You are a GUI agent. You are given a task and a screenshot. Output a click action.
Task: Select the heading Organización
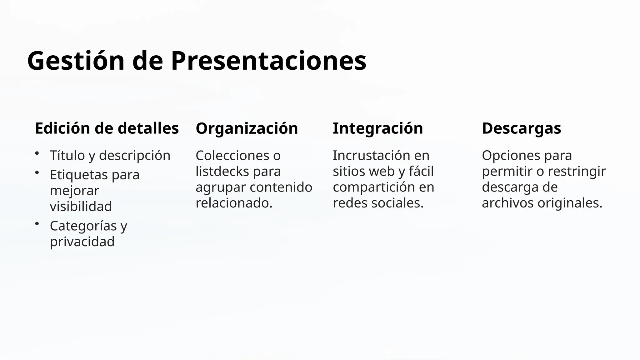(247, 128)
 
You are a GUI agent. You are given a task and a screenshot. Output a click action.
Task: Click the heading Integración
(377, 128)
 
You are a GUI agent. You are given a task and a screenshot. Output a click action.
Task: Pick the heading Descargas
(521, 128)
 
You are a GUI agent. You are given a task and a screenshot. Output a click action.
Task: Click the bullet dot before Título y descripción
(37, 153)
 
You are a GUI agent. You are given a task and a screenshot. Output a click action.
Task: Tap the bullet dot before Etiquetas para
(37, 172)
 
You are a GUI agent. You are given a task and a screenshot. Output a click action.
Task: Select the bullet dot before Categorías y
(37, 223)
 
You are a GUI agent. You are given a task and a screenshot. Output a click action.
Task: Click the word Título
(67, 155)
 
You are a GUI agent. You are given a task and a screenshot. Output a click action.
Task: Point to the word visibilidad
(81, 206)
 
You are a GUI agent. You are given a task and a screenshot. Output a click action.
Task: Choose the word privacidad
(82, 242)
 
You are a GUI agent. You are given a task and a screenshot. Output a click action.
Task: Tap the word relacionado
(233, 203)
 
